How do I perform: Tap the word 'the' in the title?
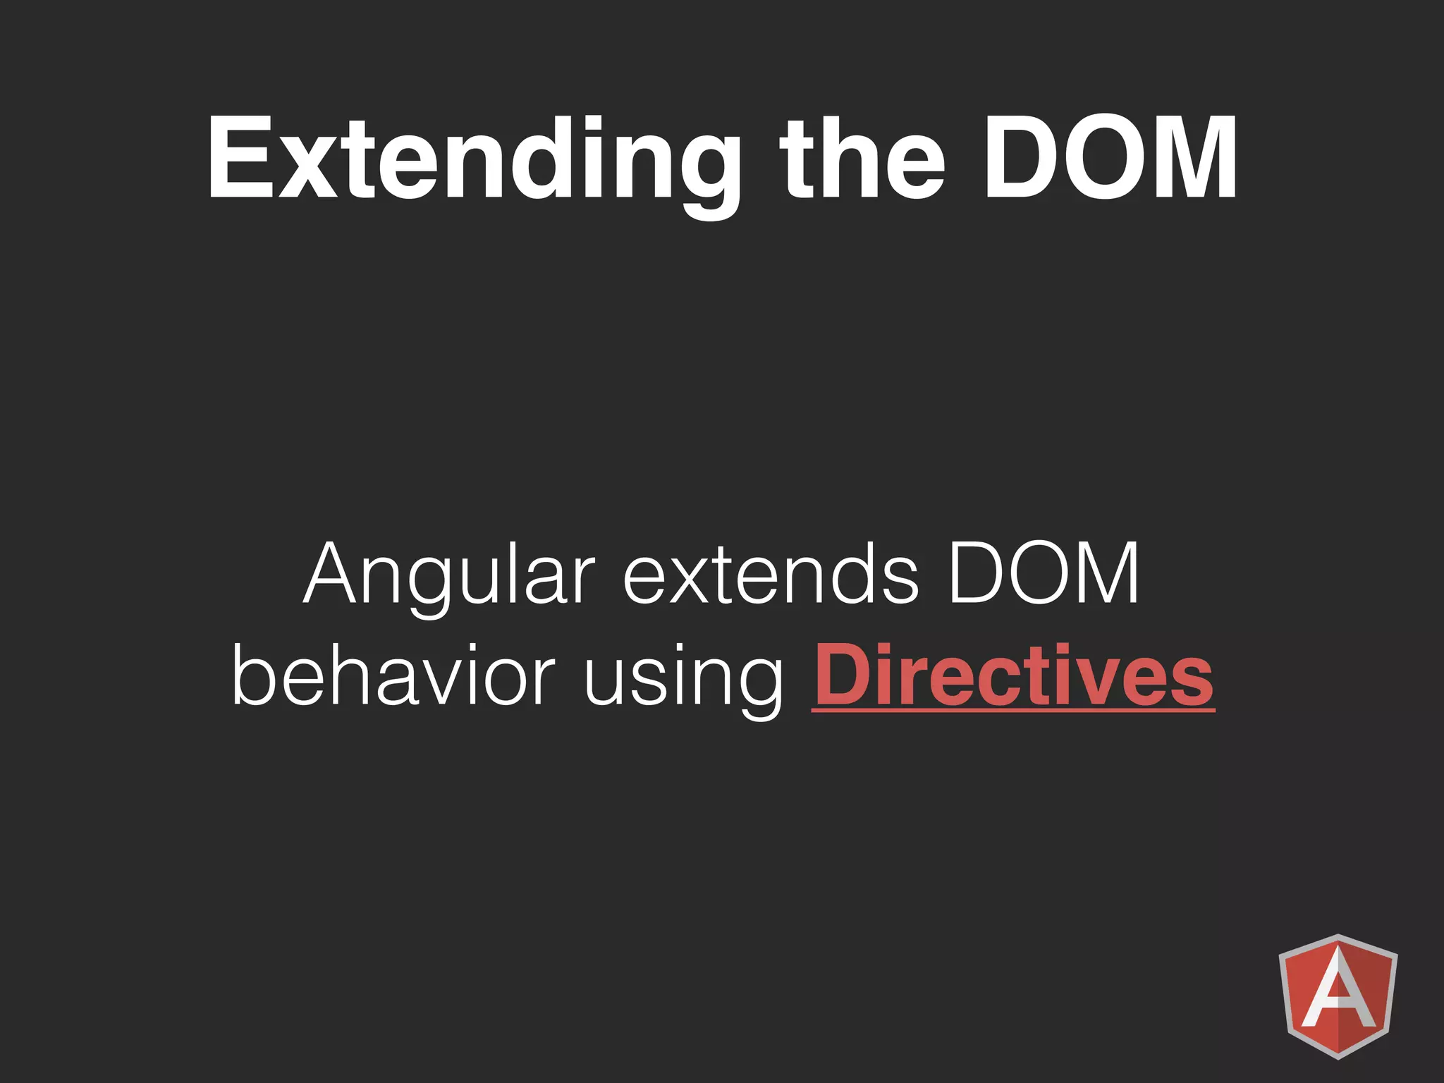click(862, 159)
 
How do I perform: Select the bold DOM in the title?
click(1110, 159)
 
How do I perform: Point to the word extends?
click(771, 575)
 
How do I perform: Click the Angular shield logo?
click(1338, 996)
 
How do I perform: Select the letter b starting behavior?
click(253, 674)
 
